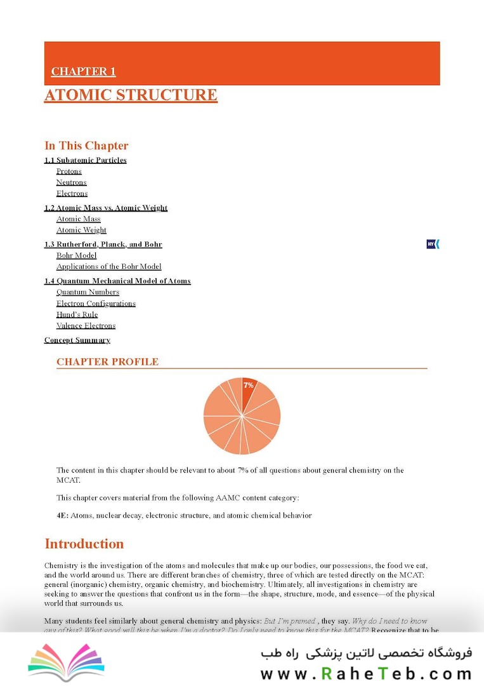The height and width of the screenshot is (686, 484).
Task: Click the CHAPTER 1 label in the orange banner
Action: coord(83,72)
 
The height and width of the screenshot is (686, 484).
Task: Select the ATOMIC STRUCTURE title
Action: coord(131,95)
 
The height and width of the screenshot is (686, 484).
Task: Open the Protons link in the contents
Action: coord(69,171)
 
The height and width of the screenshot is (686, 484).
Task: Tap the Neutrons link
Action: coord(71,182)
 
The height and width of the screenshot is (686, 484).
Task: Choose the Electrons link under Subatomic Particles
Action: coord(72,194)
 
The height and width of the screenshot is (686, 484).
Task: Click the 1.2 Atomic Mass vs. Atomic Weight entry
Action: coord(106,208)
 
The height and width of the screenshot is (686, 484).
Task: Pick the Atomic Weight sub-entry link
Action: coord(81,230)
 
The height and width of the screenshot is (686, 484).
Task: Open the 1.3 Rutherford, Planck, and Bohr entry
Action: coord(103,245)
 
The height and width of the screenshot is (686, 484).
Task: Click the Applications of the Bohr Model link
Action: coord(108,267)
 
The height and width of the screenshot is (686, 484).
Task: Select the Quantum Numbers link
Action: coord(88,292)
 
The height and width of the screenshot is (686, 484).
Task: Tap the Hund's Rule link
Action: coord(77,314)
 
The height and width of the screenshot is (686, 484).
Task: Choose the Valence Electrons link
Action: coord(86,326)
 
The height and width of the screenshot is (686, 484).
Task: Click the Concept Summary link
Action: coord(77,340)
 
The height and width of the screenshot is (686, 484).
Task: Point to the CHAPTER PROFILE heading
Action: coord(107,362)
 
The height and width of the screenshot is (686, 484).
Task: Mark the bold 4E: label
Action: coord(62,515)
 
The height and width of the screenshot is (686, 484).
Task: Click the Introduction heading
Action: coord(84,544)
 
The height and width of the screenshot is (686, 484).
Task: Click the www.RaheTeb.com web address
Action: coord(366,673)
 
